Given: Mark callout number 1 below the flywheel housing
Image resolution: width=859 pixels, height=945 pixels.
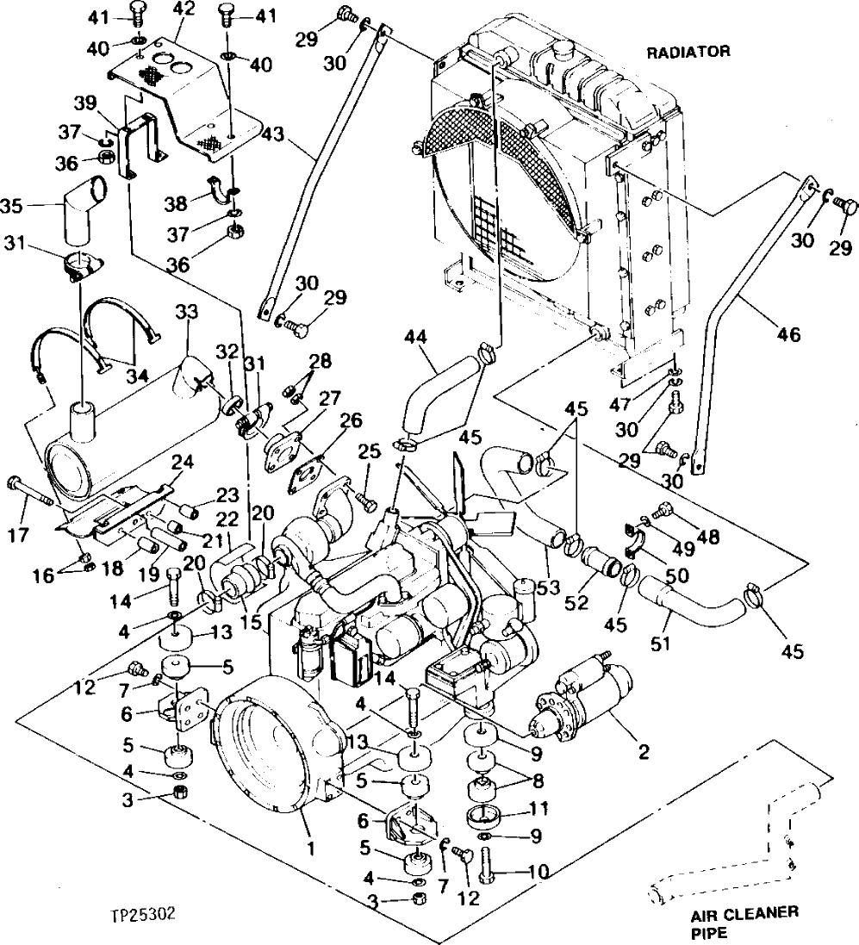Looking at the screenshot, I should click(x=312, y=848).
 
